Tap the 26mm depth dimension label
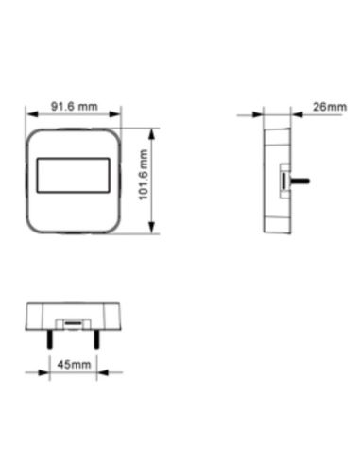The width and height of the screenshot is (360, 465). click(x=328, y=107)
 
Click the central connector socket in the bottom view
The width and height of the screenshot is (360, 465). click(x=73, y=324)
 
